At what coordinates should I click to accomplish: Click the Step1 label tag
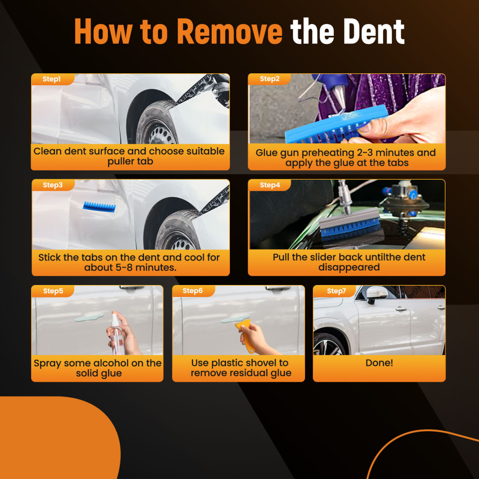point(52,80)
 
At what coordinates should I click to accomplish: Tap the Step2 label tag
point(269,80)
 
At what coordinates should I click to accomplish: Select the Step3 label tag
point(53,185)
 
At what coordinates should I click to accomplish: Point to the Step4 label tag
point(269,185)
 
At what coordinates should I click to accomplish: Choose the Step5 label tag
point(52,291)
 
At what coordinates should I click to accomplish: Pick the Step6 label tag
point(193,291)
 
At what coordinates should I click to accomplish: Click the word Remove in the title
point(229,32)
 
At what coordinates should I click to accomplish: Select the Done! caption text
point(379,363)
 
